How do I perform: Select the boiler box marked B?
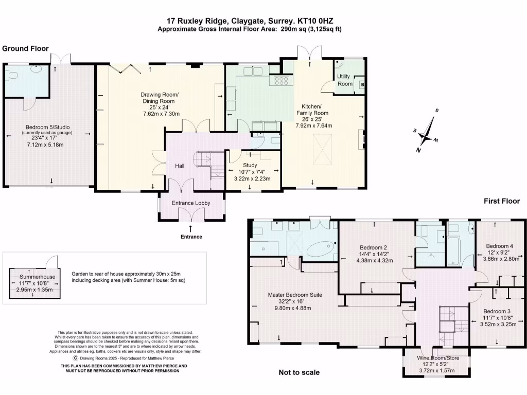click(362, 85)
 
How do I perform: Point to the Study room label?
click(250, 165)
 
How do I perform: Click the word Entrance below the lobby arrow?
click(191, 237)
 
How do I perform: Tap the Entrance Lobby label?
click(191, 203)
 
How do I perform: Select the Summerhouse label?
click(37, 277)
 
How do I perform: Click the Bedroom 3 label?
click(497, 311)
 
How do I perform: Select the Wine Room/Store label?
click(438, 358)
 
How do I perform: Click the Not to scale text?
click(299, 372)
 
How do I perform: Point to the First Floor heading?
click(502, 201)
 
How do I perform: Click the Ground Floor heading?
click(26, 48)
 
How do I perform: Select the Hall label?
click(180, 166)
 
